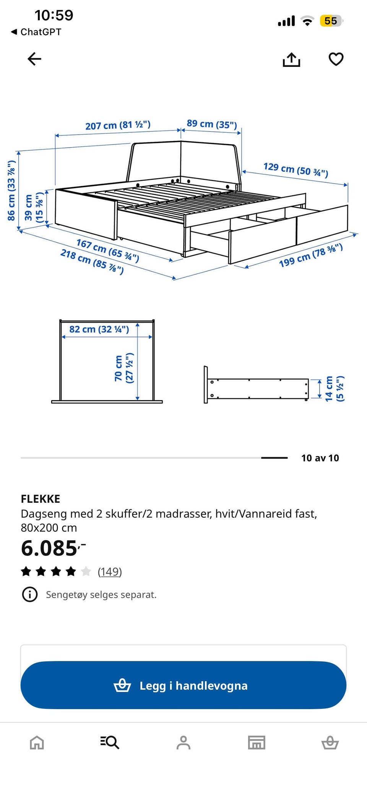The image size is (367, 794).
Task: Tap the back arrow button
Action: [x=34, y=59]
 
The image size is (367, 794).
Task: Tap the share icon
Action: [x=291, y=59]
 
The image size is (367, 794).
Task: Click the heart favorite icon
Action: [x=336, y=59]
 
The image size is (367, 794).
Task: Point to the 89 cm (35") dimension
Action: [x=212, y=124]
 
